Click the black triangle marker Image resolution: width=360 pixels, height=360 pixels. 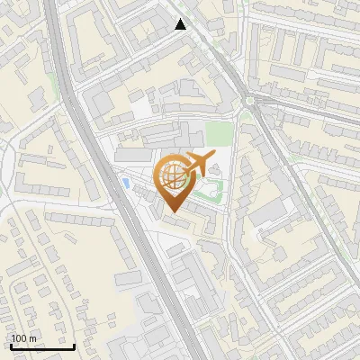click(x=181, y=24)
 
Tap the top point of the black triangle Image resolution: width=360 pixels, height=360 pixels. click(x=181, y=19)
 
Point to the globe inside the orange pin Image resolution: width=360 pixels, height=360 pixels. click(x=172, y=177)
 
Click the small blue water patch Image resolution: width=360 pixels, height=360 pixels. click(x=124, y=183)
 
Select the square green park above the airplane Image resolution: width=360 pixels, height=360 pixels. click(x=219, y=134)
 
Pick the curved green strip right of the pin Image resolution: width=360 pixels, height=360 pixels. click(x=214, y=188)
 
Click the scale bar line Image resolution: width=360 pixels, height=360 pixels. click(x=42, y=346)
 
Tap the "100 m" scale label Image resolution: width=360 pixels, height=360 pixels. click(x=23, y=338)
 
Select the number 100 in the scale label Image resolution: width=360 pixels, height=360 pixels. click(x=19, y=338)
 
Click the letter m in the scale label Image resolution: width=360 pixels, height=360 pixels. click(x=32, y=338)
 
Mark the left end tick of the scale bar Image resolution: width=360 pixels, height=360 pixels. click(x=11, y=345)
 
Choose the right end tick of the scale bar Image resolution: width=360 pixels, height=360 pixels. click(x=74, y=345)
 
